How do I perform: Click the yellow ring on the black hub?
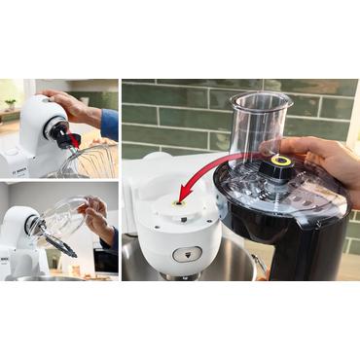point(282,160)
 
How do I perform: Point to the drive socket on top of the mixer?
point(179,205)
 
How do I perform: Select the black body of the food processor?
point(292,234)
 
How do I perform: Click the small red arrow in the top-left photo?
point(74,141)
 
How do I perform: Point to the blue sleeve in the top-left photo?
point(109,124)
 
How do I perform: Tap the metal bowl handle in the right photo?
point(259,265)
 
